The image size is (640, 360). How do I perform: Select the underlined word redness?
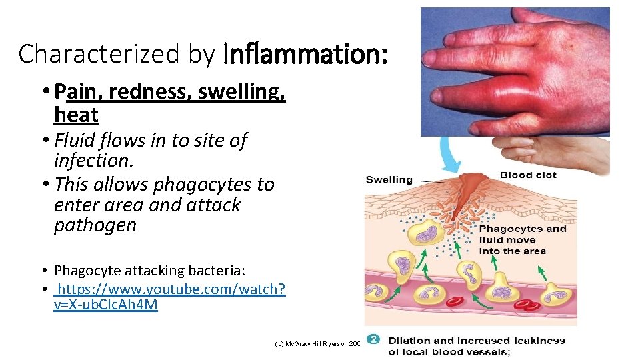pos(142,91)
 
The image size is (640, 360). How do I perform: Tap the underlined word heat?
pos(76,115)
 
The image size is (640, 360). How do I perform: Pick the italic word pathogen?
pos(95,225)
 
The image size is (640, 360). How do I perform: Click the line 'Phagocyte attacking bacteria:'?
pos(149,270)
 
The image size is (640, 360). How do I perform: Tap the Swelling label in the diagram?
pos(389,179)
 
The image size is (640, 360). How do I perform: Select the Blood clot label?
pos(528,175)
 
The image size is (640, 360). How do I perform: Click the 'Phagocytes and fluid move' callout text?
pos(522,240)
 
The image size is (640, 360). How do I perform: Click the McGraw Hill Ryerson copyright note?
pos(317,343)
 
